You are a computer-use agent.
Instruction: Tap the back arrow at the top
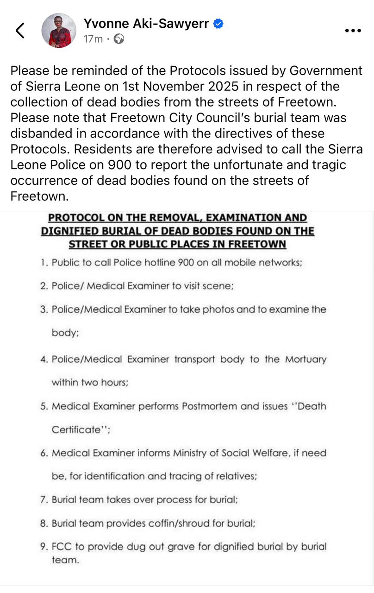click(x=20, y=31)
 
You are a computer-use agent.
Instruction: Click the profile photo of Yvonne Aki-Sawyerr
click(x=59, y=31)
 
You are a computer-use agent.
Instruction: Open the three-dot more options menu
click(x=353, y=31)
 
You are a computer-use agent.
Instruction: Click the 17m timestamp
click(x=93, y=39)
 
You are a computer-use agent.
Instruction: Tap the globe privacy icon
click(x=119, y=39)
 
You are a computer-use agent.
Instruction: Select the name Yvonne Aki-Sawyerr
click(x=146, y=24)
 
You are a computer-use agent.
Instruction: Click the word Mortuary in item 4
click(x=305, y=360)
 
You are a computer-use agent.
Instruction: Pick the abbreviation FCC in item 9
click(x=62, y=547)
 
